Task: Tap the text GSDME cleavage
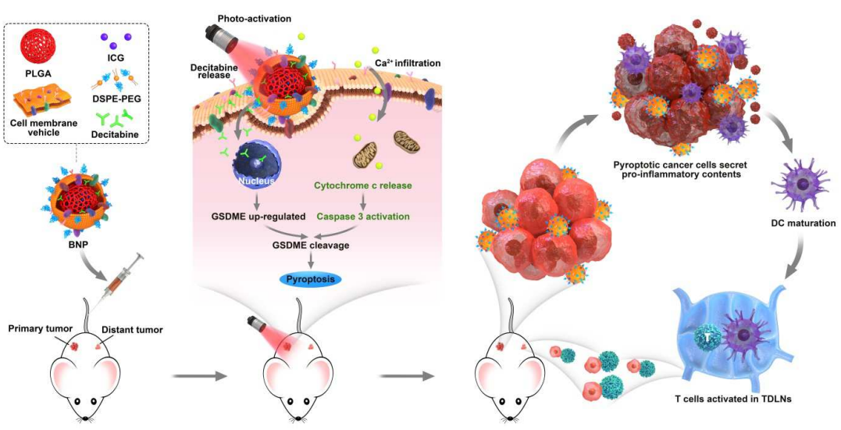[x=311, y=245]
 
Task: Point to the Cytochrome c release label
[x=363, y=187]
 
